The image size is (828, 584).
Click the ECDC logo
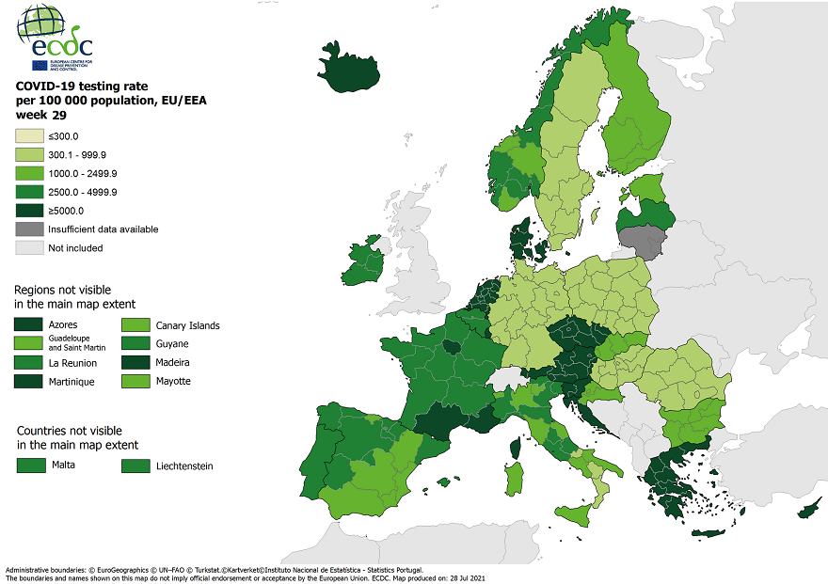point(55,38)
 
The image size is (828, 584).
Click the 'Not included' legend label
point(75,248)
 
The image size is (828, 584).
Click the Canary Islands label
point(187,325)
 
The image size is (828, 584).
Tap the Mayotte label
point(173,382)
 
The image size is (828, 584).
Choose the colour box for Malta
point(31,465)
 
